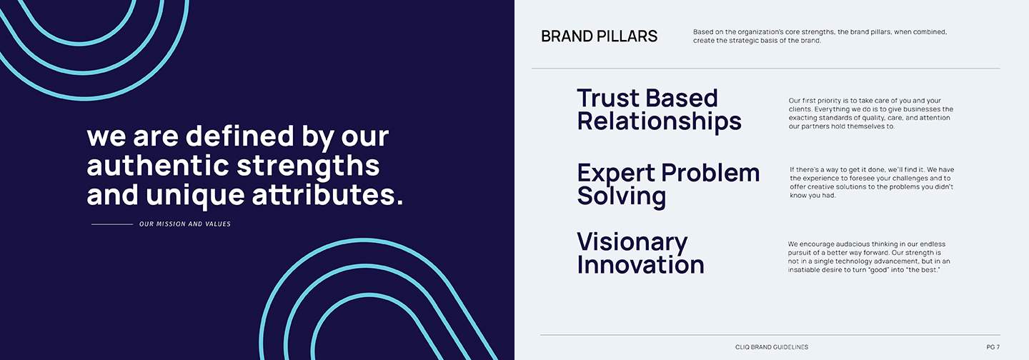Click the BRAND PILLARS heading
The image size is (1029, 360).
[x=599, y=36]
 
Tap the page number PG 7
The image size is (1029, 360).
[x=993, y=347]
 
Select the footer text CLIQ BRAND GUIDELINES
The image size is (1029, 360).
[x=772, y=347]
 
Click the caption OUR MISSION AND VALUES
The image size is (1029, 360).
[x=184, y=224]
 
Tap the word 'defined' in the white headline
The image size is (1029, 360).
[x=246, y=136]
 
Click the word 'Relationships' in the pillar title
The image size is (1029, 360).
[x=659, y=121]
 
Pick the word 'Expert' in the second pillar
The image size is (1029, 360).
[x=615, y=173]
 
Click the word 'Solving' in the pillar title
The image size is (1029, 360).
[x=621, y=196]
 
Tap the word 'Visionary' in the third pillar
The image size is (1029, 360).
[x=632, y=242]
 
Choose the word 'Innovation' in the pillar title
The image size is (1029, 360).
[x=640, y=265]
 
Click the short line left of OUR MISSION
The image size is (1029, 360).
[x=112, y=224]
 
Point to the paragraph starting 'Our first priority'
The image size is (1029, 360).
[x=870, y=114]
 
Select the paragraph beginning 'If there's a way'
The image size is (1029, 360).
[x=871, y=182]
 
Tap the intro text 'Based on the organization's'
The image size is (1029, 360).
[x=820, y=36]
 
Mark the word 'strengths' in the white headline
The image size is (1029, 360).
[x=308, y=166]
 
